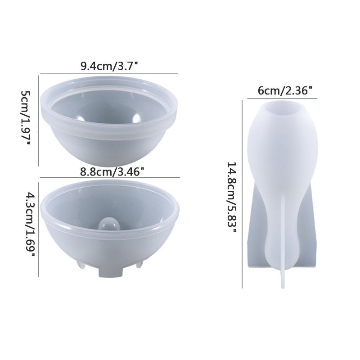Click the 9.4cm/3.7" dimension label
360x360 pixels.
click(109, 66)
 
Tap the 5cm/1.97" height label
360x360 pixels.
click(26, 118)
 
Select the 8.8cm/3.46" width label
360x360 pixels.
click(112, 171)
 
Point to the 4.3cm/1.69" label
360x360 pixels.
click(26, 225)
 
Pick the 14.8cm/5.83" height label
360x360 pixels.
click(232, 193)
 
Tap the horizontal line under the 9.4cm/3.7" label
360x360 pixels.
click(109, 74)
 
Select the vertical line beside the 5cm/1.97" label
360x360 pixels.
click(39, 118)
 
